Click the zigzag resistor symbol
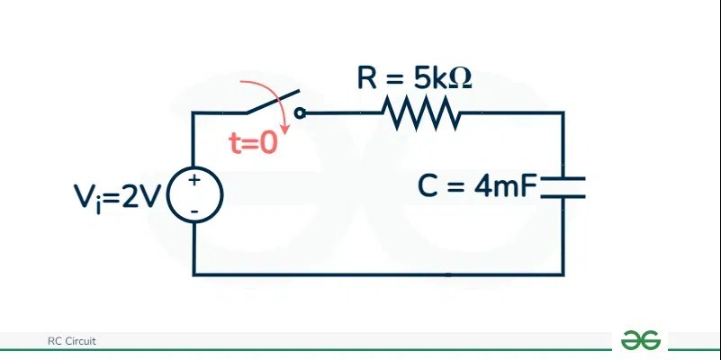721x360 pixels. tap(421, 113)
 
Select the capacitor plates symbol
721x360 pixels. tap(563, 186)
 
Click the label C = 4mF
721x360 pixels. tap(477, 187)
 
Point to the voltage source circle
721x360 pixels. tap(194, 194)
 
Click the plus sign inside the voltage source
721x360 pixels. tap(194, 182)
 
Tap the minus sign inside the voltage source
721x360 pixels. tap(194, 210)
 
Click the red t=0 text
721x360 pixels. tap(255, 143)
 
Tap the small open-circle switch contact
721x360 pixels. tap(301, 113)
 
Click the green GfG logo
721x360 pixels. tap(641, 340)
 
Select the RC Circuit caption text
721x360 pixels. tap(72, 341)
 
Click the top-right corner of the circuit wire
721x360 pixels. tap(563, 113)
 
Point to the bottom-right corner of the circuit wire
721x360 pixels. tap(563, 274)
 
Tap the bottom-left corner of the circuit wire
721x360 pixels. tap(194, 274)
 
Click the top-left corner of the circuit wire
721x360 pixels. tap(194, 113)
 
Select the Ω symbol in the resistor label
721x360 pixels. tap(459, 78)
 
